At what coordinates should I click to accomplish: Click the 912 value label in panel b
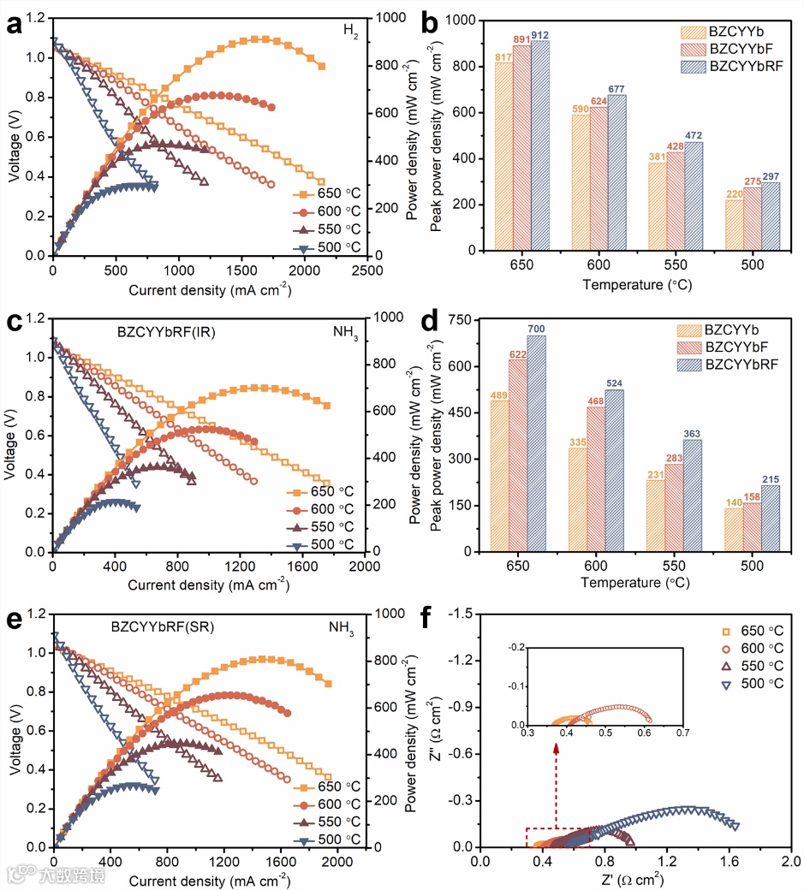(x=540, y=34)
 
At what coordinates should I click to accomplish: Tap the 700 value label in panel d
(x=536, y=329)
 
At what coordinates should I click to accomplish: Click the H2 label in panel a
(x=350, y=30)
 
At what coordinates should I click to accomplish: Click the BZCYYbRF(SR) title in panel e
(x=162, y=626)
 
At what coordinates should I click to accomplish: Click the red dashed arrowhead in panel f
(x=557, y=749)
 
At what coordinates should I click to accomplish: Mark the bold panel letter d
(x=454, y=326)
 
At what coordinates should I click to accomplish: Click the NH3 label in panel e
(x=341, y=628)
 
